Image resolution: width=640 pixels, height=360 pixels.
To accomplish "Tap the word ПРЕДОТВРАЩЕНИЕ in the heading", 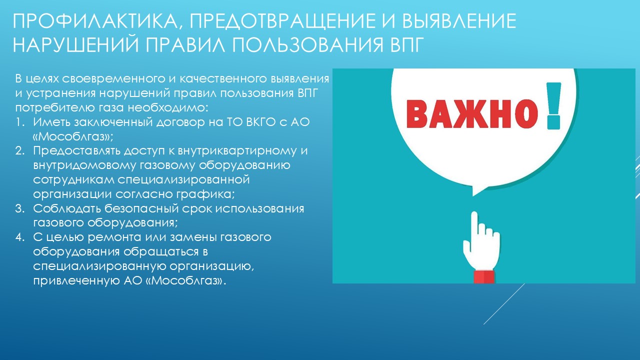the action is coord(282,20).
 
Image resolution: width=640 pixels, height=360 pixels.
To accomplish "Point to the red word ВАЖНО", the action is coord(471,113).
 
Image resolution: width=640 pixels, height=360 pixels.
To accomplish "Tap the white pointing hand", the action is coord(481,242).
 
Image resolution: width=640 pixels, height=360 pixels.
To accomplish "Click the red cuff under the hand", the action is coord(484,277).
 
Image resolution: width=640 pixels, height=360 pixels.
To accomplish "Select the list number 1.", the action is coord(20,122).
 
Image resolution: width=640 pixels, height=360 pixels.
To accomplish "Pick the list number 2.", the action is coord(20,151).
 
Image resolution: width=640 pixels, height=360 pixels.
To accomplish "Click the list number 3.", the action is coord(20,208).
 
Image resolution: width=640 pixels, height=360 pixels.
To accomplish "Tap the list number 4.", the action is coord(20,237).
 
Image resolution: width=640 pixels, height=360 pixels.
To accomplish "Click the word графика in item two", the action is coord(205,195).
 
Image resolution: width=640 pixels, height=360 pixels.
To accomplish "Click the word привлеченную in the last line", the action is coord(76,281).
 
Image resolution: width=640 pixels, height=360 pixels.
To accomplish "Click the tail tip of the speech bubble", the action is coord(473,196).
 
